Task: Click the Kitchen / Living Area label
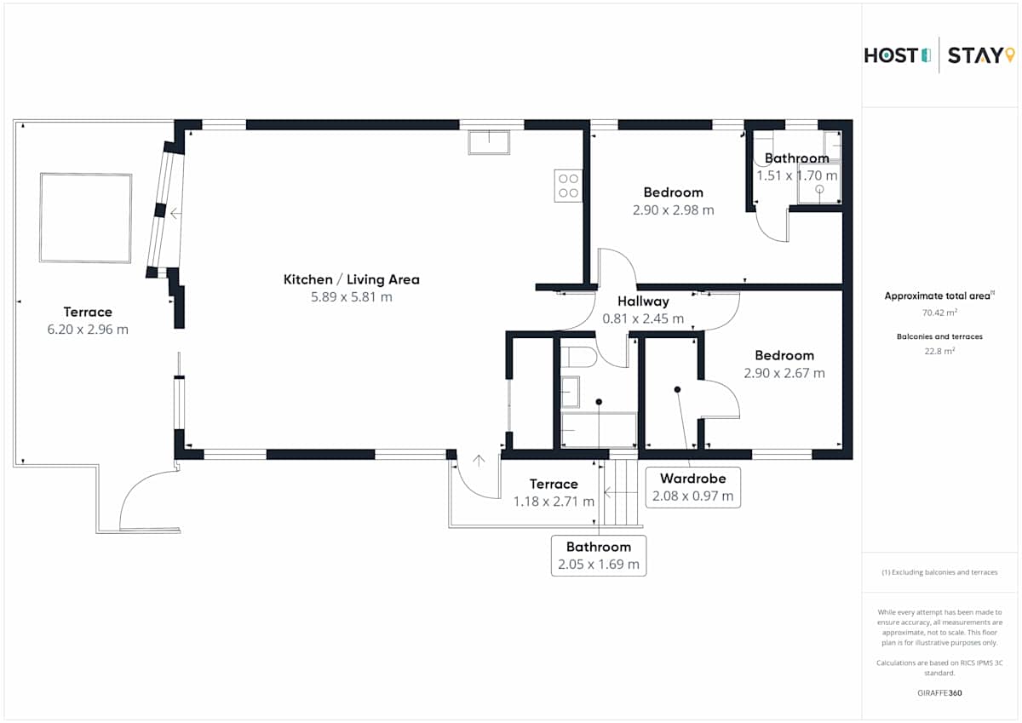click(351, 279)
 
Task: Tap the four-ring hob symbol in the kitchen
click(569, 186)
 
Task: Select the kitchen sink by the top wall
click(489, 142)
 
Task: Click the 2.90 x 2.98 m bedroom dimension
click(673, 209)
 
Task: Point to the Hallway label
click(643, 301)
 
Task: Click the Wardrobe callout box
click(692, 487)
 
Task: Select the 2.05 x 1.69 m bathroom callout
click(599, 555)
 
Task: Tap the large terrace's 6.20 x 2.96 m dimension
click(88, 329)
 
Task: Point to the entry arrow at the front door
click(479, 461)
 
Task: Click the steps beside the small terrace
click(621, 492)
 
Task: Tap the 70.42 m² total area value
click(939, 313)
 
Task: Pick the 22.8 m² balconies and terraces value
click(939, 351)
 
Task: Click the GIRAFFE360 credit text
click(939, 693)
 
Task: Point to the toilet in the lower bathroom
click(578, 357)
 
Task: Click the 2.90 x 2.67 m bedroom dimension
click(784, 373)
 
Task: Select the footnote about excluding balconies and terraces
click(939, 572)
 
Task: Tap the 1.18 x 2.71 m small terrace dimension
click(554, 502)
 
